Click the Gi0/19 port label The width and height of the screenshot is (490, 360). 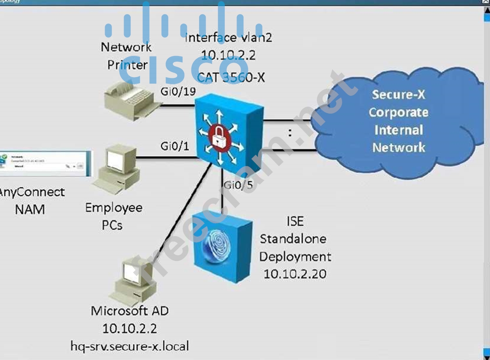tap(178, 92)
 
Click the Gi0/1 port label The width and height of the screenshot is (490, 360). tap(175, 147)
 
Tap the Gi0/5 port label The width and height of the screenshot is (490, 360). tap(238, 185)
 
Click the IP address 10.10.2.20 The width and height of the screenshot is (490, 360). tap(295, 274)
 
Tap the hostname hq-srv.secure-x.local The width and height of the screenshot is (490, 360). tap(129, 346)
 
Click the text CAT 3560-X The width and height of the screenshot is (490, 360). tap(231, 77)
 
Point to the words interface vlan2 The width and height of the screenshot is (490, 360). tap(228, 38)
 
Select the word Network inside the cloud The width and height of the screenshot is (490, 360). tap(399, 147)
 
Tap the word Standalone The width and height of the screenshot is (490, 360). tap(293, 239)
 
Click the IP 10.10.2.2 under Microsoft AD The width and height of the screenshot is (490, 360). tap(130, 328)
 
